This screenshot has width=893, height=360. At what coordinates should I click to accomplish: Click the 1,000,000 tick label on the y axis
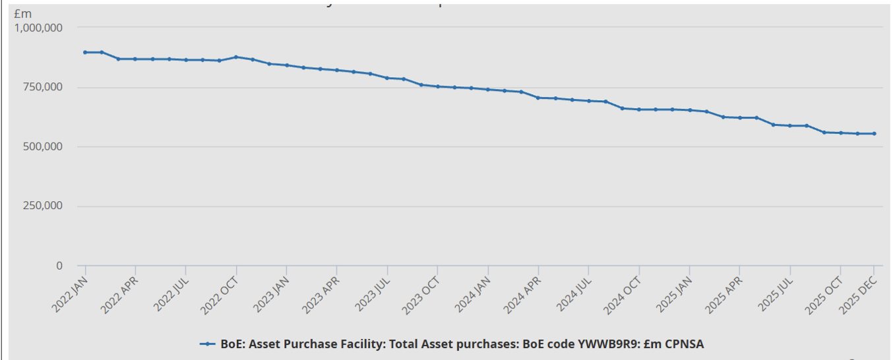pos(38,28)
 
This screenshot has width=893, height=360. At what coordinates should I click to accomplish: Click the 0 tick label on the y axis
pos(59,266)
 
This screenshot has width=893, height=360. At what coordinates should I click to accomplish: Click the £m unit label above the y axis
pos(22,14)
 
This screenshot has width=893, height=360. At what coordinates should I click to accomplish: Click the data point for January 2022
pos(85,52)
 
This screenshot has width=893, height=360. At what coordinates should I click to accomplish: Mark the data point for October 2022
pos(236,57)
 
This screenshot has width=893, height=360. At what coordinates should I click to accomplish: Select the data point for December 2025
pos(874,133)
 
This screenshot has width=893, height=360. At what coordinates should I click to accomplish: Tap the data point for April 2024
pos(538,98)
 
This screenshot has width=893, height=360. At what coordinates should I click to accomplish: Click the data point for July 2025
pos(790,125)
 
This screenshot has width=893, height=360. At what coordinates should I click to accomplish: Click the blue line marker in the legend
pos(207,344)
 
